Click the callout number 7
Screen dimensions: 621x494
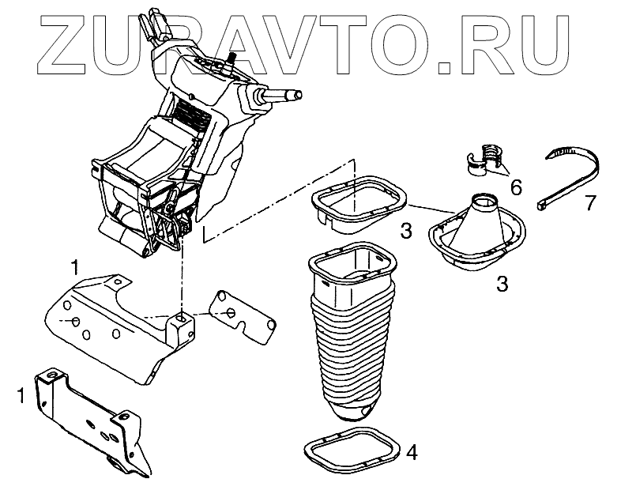click(589, 203)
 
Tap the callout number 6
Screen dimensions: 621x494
click(517, 187)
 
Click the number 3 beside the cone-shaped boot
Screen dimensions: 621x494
click(502, 283)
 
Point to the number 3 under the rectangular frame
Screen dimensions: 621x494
click(405, 231)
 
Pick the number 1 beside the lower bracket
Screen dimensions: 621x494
click(22, 393)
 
